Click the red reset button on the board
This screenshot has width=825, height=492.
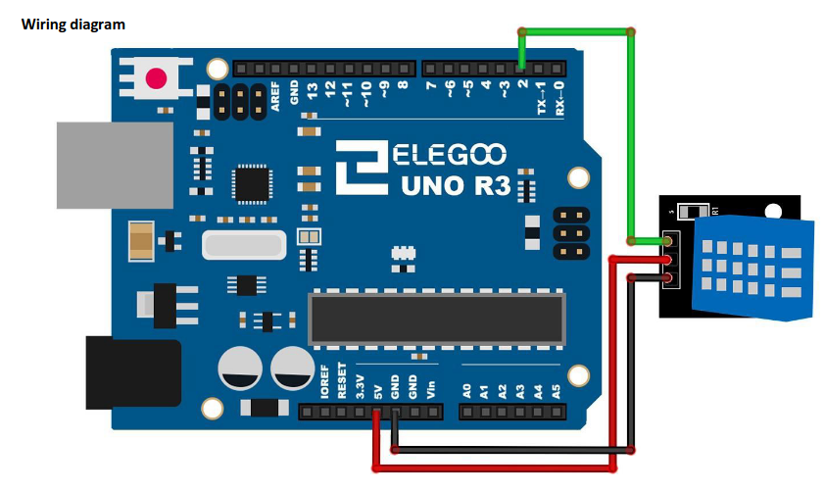click(x=155, y=77)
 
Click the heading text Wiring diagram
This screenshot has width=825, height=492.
click(x=73, y=24)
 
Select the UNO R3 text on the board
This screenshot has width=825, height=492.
click(x=456, y=185)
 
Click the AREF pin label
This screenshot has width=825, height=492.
click(x=275, y=97)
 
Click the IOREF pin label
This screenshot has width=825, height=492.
click(x=324, y=379)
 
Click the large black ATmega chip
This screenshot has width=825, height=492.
click(x=437, y=319)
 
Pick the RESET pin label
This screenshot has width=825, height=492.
click(x=342, y=379)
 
